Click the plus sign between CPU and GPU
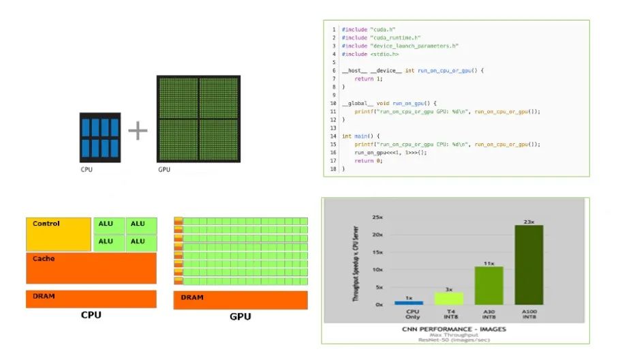138,131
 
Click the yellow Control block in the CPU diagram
58,234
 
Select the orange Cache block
91,268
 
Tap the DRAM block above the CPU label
91,299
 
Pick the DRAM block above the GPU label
240,300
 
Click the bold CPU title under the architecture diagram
91,315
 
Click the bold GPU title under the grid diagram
240,316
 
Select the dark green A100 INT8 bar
529,265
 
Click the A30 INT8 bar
489,285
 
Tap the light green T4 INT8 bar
448,298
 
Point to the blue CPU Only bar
409,302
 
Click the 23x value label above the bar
529,221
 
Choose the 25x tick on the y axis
377,217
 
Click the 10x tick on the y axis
377,269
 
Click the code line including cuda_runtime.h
381,37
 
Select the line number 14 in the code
334,136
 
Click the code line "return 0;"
368,160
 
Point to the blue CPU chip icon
99,137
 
